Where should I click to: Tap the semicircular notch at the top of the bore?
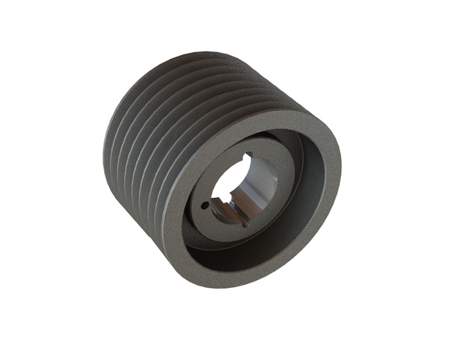[246, 158]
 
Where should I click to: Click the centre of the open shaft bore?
[240, 186]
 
